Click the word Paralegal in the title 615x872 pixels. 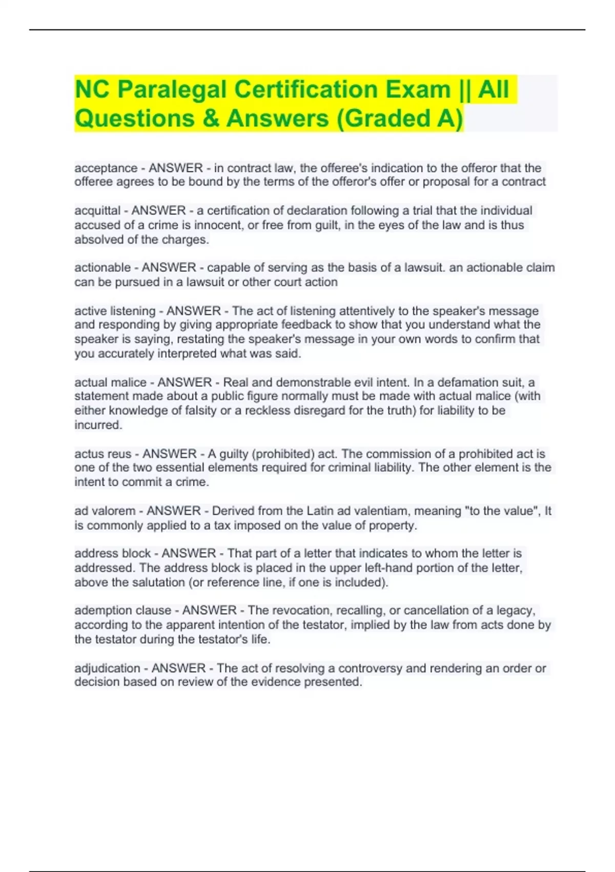172,89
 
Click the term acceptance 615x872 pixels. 106,168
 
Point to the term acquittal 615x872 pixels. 97,211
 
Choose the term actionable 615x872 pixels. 102,268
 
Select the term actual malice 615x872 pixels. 110,383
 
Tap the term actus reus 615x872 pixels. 102,454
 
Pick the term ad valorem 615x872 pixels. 105,511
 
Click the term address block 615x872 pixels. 112,553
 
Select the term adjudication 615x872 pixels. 107,668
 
